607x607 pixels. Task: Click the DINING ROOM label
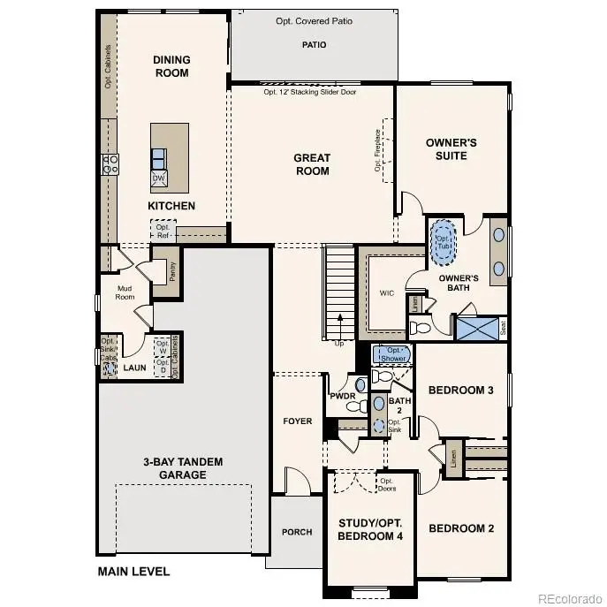coord(171,66)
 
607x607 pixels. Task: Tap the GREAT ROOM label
coord(312,164)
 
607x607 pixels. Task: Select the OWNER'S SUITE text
coord(451,148)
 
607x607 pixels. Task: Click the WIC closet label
coord(385,292)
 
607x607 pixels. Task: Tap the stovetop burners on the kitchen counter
coord(111,164)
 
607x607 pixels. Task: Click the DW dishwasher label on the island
coord(159,179)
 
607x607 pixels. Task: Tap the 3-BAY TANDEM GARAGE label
coord(183,468)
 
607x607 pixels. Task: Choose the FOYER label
coord(298,421)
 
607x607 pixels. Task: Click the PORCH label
coord(297,532)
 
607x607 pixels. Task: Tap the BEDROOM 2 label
coord(461,528)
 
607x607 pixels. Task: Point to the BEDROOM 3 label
coord(461,390)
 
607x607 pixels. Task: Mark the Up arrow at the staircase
coord(338,339)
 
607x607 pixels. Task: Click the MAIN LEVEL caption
coord(133,572)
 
